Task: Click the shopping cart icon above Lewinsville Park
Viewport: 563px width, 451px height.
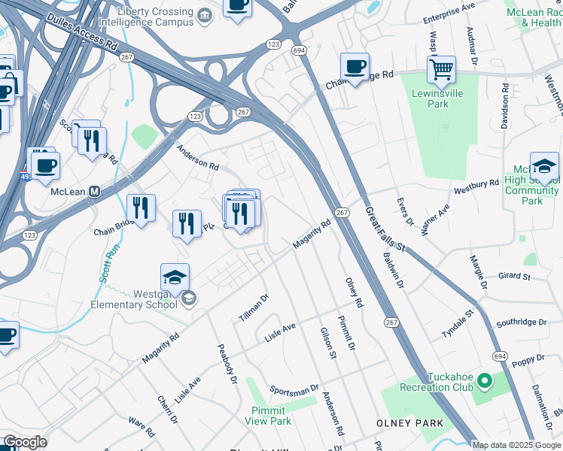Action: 441,70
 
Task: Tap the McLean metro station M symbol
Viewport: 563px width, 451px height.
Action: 95,191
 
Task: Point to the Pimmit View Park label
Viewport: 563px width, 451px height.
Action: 268,416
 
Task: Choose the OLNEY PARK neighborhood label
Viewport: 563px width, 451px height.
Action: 410,423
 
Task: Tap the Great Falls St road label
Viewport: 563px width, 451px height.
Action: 384,227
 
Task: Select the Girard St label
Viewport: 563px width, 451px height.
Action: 514,276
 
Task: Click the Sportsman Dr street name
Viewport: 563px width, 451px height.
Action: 294,390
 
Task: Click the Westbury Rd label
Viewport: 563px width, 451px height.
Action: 476,183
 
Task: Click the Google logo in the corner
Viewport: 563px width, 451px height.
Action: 24,442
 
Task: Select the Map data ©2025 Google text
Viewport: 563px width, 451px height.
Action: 516,445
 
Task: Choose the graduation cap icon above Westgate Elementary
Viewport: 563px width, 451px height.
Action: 175,278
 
